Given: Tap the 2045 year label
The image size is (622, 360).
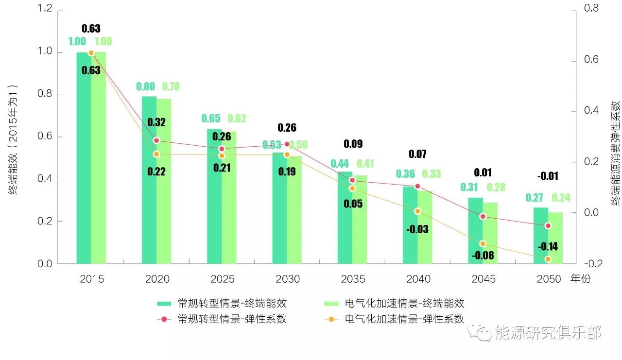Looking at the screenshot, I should (x=483, y=279).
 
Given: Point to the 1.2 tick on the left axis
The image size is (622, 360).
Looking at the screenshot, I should (x=44, y=10).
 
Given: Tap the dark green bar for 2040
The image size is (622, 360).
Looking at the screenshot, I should (x=410, y=226).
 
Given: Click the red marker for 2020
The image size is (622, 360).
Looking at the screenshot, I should (x=156, y=140).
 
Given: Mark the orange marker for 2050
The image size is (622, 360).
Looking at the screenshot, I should (x=548, y=259).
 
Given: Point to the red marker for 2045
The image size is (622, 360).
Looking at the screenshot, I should (x=483, y=216).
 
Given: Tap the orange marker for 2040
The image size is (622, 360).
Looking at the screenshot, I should (x=417, y=211).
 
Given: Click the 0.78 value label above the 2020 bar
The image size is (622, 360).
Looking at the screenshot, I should (x=171, y=86).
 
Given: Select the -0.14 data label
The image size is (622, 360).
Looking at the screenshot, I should (x=548, y=247).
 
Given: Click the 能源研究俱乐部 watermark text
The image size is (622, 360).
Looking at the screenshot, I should (x=548, y=333).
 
